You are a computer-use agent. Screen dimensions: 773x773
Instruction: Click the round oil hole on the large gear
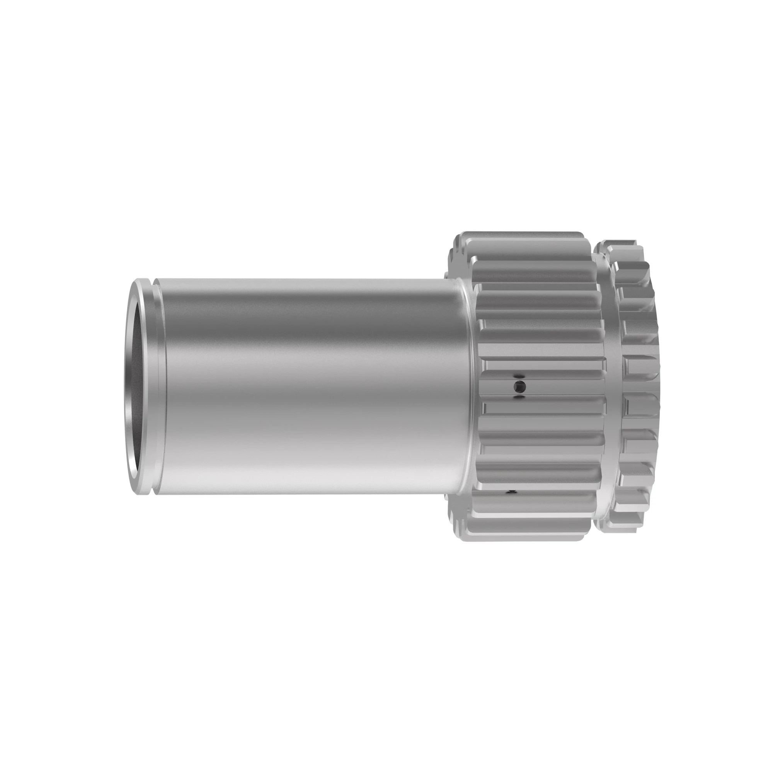(519, 386)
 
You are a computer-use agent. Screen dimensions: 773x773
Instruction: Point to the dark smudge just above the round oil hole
(519, 375)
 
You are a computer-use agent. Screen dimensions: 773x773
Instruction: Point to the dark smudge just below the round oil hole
(519, 397)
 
